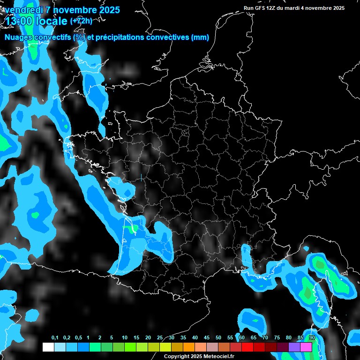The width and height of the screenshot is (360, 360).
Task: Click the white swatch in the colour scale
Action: [x=48, y=347]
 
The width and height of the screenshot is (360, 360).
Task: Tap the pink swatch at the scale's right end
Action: [x=306, y=347]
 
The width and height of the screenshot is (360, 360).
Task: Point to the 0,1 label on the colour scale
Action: [x=55, y=337]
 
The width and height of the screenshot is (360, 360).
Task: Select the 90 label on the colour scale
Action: [x=312, y=337]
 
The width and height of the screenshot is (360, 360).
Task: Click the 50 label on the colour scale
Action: [x=218, y=337]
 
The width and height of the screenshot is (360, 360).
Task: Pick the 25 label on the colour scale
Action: [x=160, y=337]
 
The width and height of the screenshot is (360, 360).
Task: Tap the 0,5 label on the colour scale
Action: [x=78, y=337]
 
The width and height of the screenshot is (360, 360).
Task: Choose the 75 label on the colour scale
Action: [x=277, y=337]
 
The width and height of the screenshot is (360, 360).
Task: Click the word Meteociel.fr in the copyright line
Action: [x=216, y=357]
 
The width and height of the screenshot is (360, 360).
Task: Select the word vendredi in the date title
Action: [x=24, y=10]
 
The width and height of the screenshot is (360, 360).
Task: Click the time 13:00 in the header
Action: [x=18, y=21]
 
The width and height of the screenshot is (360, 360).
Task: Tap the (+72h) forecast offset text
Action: [x=81, y=21]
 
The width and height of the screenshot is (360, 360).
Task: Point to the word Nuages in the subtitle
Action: [x=18, y=37]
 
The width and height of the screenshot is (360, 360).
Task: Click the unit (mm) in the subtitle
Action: [x=201, y=37]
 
